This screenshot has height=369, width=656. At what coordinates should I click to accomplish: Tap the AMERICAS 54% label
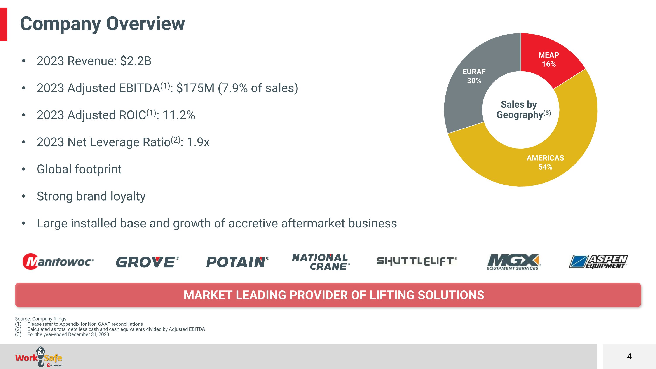point(545,163)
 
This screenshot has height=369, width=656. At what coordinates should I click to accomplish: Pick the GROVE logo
point(147,262)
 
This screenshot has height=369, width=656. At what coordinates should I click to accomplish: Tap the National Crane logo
point(321,262)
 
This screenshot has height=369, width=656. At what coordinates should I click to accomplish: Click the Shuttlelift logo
point(417,261)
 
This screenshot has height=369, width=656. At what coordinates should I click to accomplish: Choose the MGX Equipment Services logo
point(514,262)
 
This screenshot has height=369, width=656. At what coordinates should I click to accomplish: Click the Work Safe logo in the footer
point(39,357)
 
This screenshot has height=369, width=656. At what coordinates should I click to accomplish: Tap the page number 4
point(629,357)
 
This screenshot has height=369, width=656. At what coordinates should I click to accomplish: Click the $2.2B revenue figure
point(136,61)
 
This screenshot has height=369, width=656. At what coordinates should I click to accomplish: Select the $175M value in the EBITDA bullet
point(195,88)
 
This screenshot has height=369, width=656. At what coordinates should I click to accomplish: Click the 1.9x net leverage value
point(198,142)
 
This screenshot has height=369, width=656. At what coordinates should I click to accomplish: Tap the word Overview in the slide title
point(145,23)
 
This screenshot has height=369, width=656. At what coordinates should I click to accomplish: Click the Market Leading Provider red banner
point(328,295)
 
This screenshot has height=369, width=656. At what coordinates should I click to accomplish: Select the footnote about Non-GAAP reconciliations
point(79,324)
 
